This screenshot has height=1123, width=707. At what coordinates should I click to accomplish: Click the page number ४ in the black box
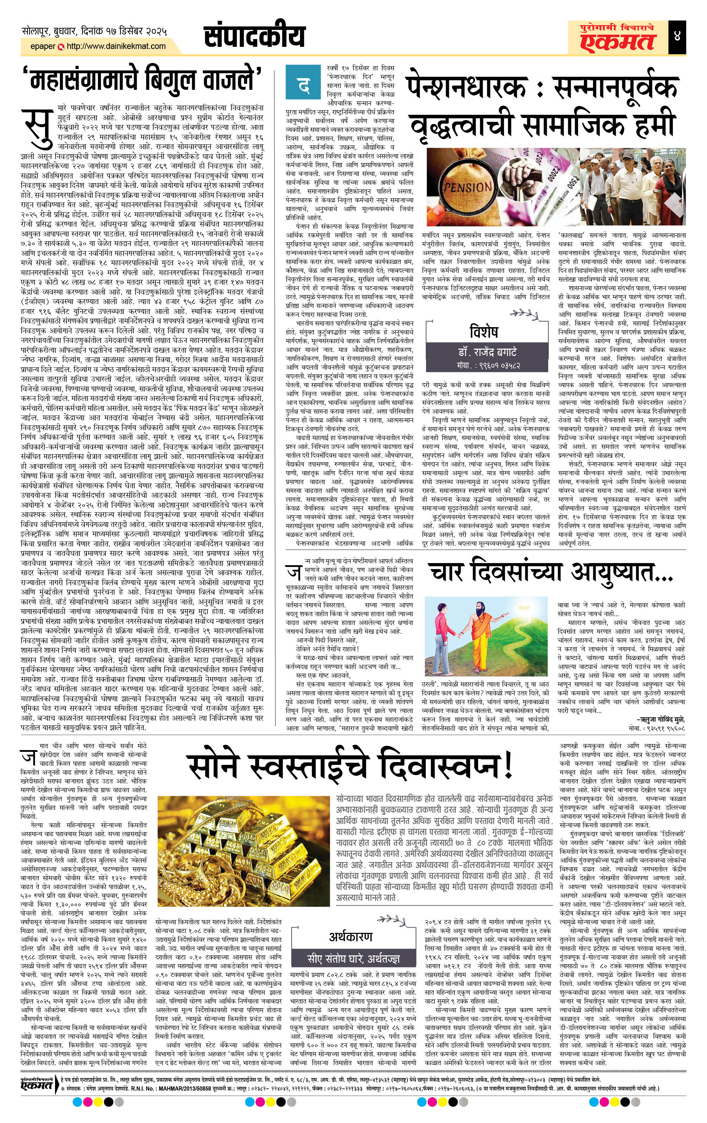tap(677, 36)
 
